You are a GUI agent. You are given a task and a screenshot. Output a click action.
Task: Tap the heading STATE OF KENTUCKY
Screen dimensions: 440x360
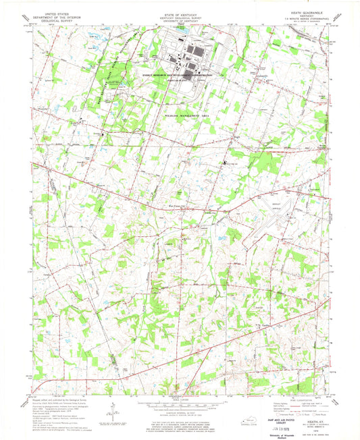pos(178,13)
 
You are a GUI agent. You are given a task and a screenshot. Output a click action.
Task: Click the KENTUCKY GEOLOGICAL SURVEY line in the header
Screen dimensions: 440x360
pos(178,17)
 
